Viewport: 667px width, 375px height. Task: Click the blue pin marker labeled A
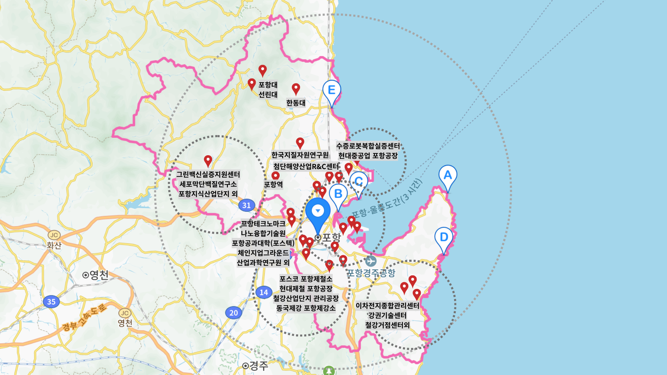coord(448,175)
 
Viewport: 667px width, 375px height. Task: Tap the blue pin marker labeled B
coord(338,194)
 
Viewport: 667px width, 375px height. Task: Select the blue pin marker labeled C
coord(359,182)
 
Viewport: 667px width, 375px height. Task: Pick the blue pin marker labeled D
coord(444,237)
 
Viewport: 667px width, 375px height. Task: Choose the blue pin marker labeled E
coord(331,90)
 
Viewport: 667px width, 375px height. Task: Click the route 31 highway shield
coord(247,205)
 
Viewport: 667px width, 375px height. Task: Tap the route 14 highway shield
coord(264,292)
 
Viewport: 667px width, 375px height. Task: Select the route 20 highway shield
coord(233,313)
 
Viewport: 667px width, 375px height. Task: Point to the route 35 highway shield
coord(51,302)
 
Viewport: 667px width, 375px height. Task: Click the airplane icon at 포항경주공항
coord(371,261)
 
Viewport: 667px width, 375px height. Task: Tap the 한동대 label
coord(296,103)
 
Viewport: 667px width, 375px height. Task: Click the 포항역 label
coord(274,184)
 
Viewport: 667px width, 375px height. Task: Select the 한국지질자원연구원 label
coord(300,155)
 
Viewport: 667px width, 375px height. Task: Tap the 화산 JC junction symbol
coord(54,235)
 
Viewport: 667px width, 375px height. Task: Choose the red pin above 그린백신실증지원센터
coord(208,161)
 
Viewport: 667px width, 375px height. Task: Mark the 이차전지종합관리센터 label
coord(387,306)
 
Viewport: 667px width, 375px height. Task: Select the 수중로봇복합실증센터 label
coord(368,146)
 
